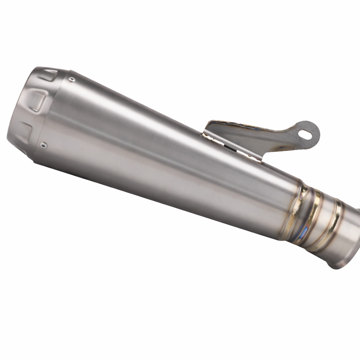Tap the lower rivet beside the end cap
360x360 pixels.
[x=43, y=144]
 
